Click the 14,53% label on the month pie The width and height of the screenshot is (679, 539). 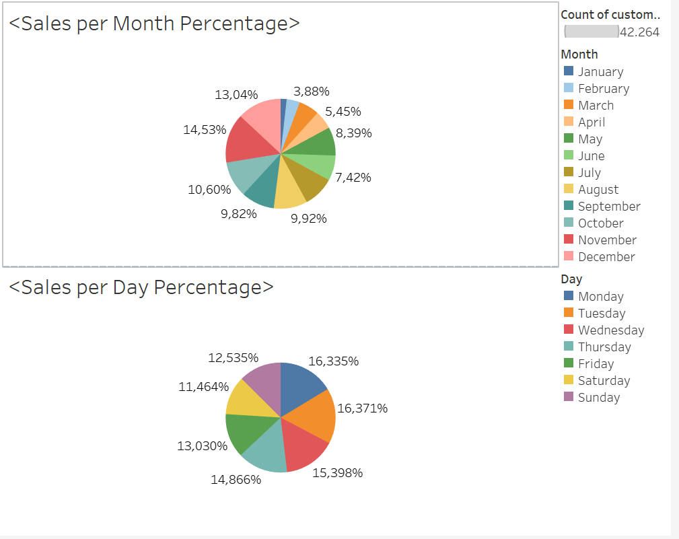(x=205, y=130)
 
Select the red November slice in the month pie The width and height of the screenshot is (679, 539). (x=244, y=139)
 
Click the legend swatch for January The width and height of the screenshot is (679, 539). (x=569, y=71)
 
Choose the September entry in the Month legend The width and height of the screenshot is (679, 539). (x=608, y=207)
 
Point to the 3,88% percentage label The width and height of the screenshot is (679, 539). (x=311, y=92)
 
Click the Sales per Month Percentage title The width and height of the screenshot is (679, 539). (x=154, y=24)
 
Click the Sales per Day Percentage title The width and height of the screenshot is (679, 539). (x=141, y=287)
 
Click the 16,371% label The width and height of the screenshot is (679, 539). (x=362, y=408)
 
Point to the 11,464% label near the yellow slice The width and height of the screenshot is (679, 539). (x=204, y=387)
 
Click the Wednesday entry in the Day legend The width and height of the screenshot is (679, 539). (x=610, y=330)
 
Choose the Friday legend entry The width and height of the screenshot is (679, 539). (x=596, y=364)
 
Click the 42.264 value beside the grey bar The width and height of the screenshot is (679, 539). (x=639, y=32)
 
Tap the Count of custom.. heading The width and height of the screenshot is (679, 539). (x=610, y=15)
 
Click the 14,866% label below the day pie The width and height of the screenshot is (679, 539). (x=236, y=480)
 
